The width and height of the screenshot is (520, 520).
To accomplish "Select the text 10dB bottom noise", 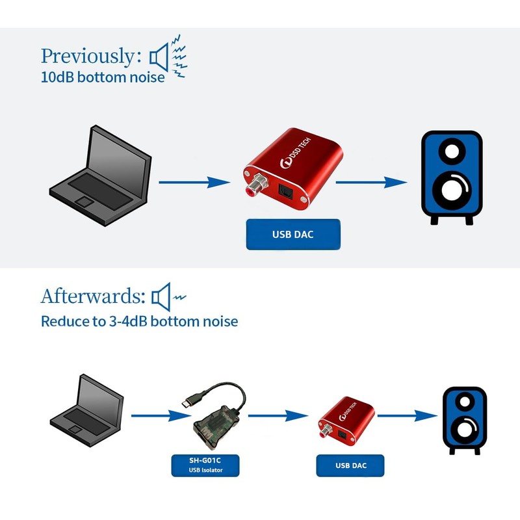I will (x=103, y=77).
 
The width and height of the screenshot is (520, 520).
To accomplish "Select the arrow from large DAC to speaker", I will (x=370, y=183).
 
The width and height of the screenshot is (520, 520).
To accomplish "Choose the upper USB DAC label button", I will (x=293, y=235).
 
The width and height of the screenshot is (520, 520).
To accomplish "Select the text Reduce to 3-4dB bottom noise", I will (x=139, y=321).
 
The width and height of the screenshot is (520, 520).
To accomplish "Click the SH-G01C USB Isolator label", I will (x=205, y=464).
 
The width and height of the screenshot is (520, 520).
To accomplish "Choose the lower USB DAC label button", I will (x=350, y=465).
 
